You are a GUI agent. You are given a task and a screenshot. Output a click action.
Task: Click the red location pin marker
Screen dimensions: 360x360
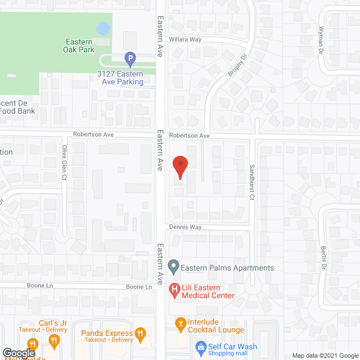tap(180, 165)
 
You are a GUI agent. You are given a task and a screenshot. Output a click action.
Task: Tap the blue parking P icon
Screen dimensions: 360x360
tap(130, 58)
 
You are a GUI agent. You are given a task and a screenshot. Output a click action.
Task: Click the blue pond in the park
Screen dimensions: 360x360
tap(103, 28)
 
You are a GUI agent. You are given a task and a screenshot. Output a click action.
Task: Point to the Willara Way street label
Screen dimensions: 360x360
tap(185, 40)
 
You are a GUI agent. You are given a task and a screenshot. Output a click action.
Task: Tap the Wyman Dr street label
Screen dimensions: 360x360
tap(322, 40)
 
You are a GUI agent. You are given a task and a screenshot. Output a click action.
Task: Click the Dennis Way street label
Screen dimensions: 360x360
tap(186, 227)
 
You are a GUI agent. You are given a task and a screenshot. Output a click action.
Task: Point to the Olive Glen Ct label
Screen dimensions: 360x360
tap(64, 163)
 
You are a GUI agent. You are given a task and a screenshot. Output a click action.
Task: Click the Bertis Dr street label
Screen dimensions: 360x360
tap(323, 257)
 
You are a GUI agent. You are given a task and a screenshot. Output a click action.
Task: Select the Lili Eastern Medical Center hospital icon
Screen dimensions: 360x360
tap(174, 290)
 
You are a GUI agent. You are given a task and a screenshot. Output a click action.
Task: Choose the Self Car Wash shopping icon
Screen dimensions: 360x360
tap(199, 347)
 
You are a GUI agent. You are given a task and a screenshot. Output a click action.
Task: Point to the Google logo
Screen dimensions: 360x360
tap(19, 353)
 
